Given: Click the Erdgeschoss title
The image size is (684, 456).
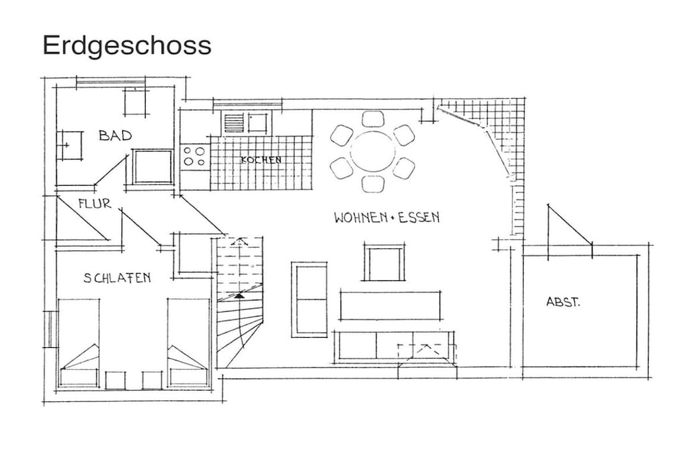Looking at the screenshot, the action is pyautogui.click(x=126, y=46).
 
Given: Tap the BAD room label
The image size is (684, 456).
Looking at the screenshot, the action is pyautogui.click(x=115, y=136).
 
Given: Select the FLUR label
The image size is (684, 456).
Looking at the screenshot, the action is pyautogui.click(x=95, y=204).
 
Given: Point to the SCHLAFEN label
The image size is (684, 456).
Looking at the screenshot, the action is pyautogui.click(x=117, y=278).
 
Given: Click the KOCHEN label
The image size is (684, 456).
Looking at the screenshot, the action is pyautogui.click(x=261, y=160).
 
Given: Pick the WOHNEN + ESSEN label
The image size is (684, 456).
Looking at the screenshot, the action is pyautogui.click(x=387, y=217).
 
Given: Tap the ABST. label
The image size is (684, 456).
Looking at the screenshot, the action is pyautogui.click(x=563, y=302).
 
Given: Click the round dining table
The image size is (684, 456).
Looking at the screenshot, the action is pyautogui.click(x=373, y=152).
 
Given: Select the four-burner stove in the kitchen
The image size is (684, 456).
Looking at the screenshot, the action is pyautogui.click(x=194, y=156).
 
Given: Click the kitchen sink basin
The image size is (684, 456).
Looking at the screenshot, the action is pyautogui.click(x=257, y=122).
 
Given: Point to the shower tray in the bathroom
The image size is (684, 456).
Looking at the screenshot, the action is pyautogui.click(x=153, y=166).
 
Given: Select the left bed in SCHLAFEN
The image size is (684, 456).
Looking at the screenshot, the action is pyautogui.click(x=79, y=343).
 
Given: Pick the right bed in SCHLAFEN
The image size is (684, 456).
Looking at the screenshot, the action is pyautogui.click(x=188, y=343).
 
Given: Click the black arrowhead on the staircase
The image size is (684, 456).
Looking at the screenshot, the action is pyautogui.click(x=238, y=296).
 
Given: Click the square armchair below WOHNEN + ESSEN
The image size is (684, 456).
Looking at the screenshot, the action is pyautogui.click(x=384, y=262).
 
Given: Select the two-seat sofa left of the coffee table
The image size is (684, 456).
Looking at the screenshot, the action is pyautogui.click(x=309, y=300).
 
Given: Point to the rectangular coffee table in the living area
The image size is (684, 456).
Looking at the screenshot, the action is pyautogui.click(x=390, y=306).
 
